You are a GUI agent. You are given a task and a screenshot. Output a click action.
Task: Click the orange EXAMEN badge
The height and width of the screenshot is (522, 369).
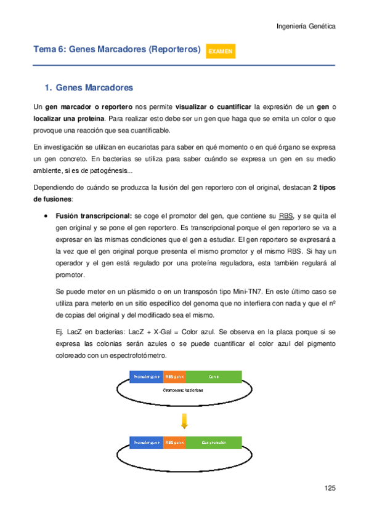pyautogui.click(x=220, y=52)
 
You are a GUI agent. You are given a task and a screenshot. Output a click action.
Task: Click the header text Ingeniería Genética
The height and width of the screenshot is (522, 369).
pyautogui.click(x=306, y=26)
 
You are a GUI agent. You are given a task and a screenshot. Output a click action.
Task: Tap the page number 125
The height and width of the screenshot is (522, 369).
pyautogui.click(x=330, y=488)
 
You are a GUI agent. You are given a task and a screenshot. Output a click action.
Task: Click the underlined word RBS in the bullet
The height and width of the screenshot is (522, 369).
pyautogui.click(x=286, y=216)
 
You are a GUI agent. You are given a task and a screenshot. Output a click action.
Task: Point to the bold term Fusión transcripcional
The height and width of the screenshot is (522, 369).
pyautogui.click(x=93, y=216)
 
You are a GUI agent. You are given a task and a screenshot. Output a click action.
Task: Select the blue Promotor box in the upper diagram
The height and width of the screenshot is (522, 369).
pyautogui.click(x=146, y=375)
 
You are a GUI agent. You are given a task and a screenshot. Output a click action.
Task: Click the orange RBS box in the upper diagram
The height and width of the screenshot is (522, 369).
pyautogui.click(x=174, y=375)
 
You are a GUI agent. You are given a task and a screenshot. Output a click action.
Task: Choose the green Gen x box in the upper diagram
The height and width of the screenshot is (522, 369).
pyautogui.click(x=213, y=375)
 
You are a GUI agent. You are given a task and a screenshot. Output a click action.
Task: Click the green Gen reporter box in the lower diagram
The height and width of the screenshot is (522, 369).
pyautogui.click(x=213, y=442)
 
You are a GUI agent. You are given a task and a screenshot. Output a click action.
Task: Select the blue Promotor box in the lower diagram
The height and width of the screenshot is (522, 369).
pyautogui.click(x=146, y=442)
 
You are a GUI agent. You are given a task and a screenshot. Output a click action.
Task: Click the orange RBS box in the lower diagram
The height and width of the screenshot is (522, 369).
pyautogui.click(x=174, y=442)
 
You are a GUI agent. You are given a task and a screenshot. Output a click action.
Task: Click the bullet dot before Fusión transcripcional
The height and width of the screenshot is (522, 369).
pyautogui.click(x=47, y=217)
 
